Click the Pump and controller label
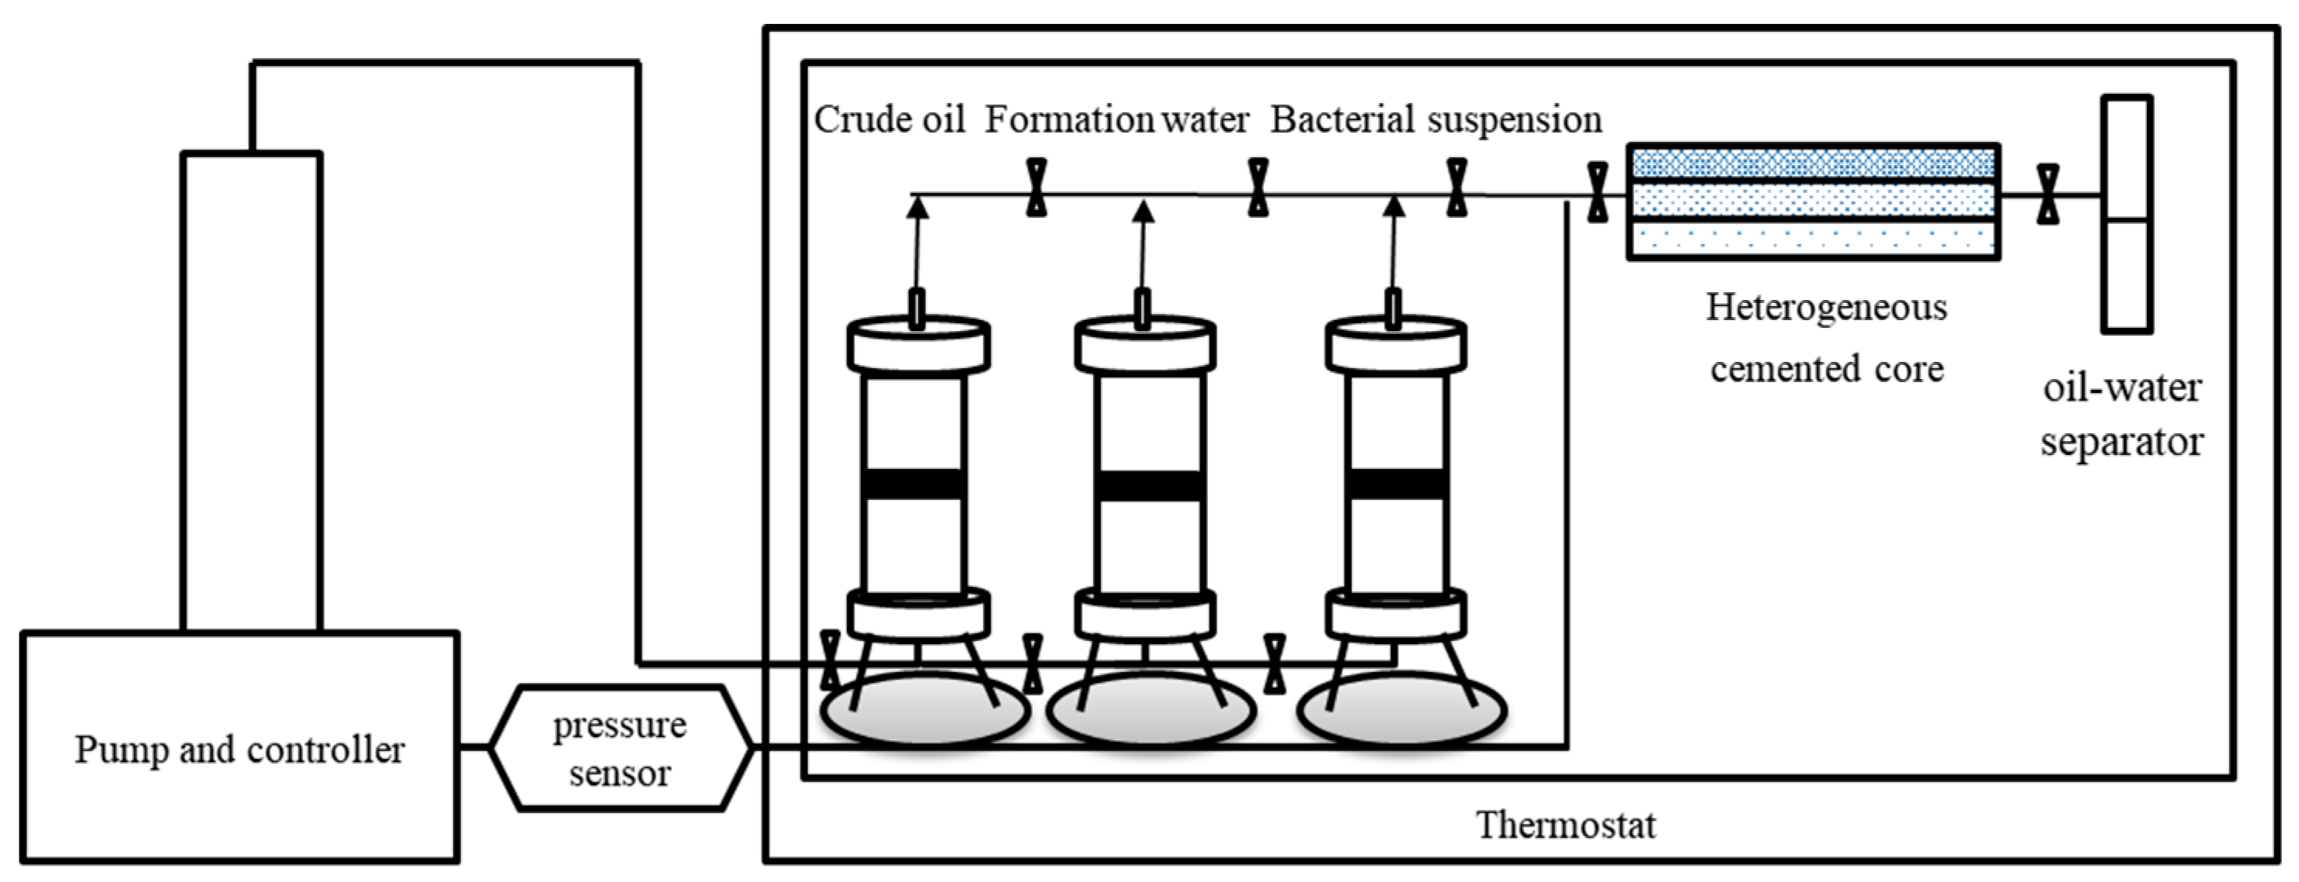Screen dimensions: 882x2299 tap(239, 750)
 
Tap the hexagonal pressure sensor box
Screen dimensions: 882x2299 tap(619, 748)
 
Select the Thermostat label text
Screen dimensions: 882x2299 tap(1566, 825)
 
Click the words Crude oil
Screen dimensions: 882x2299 tap(890, 119)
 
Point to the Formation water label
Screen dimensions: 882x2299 tap(1117, 119)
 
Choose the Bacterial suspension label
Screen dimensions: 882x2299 tap(1436, 119)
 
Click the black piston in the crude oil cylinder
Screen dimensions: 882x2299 tap(915, 483)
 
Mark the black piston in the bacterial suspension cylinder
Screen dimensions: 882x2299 tap(1398, 483)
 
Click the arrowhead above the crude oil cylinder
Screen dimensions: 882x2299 tap(917, 207)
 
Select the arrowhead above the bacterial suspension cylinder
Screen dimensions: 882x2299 tap(1394, 207)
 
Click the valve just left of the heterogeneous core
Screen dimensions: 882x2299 tap(1598, 192)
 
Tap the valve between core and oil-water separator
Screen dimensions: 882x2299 tap(2049, 194)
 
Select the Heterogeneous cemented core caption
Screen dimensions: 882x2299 tap(1827, 337)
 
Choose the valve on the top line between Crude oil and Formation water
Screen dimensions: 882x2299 tap(1036, 188)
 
